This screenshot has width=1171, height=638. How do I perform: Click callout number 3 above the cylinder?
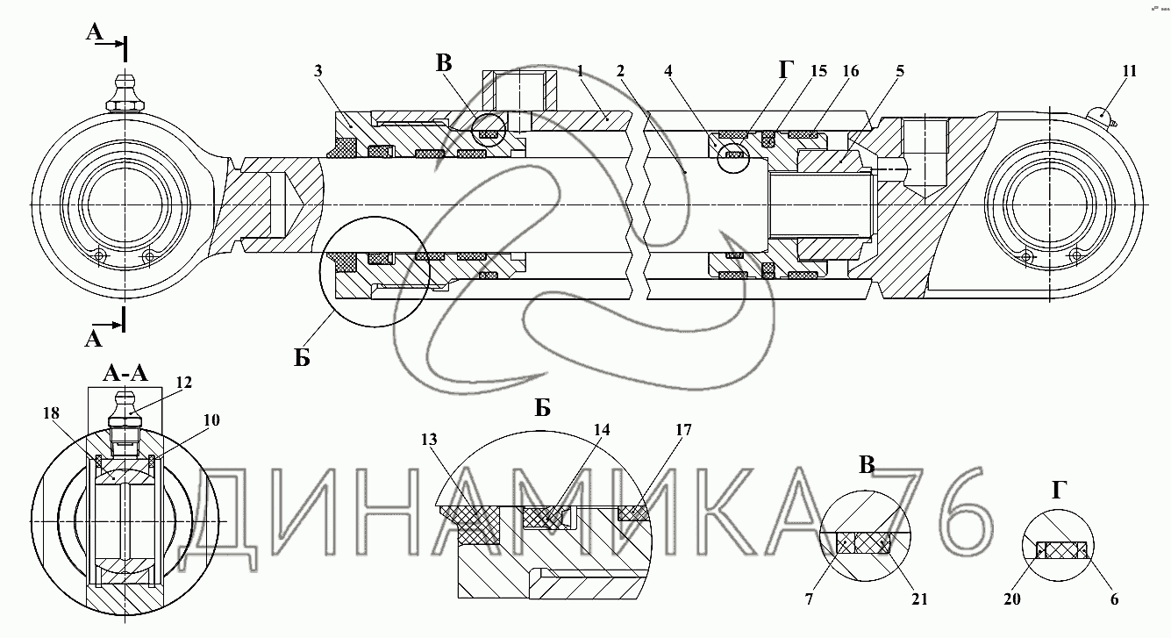click(318, 71)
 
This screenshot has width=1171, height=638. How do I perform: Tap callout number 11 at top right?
click(1130, 71)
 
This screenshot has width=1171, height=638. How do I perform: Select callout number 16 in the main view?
click(851, 71)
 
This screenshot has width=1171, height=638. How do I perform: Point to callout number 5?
click(900, 71)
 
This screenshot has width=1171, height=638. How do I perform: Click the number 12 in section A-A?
click(184, 383)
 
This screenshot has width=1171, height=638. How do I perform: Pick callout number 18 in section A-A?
click(51, 413)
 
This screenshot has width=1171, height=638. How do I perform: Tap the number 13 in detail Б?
click(429, 440)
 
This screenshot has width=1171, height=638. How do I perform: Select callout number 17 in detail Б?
click(683, 430)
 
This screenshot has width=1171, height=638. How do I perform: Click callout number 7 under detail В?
click(810, 599)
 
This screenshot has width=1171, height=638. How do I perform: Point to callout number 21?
click(919, 599)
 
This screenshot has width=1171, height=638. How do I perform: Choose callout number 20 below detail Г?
click(1012, 599)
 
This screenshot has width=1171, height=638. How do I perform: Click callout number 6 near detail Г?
click(1115, 599)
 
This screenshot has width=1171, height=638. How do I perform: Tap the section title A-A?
click(126, 373)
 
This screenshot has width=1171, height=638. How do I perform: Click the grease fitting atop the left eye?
click(125, 94)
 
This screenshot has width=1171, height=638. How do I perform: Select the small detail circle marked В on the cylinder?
click(489, 130)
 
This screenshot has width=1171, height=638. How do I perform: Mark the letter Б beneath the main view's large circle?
click(302, 358)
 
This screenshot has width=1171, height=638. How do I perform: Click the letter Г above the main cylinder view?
click(786, 69)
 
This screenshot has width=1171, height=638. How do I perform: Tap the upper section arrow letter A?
click(95, 32)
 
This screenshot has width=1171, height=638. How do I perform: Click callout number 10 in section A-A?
click(211, 420)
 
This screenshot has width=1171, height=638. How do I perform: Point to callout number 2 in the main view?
click(620, 71)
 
